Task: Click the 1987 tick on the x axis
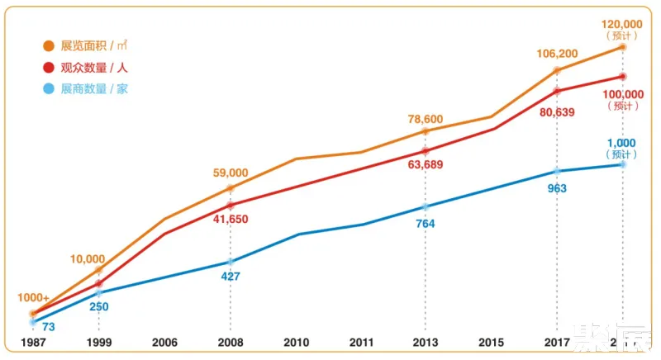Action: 33,342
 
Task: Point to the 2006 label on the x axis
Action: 164,342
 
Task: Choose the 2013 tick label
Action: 426,342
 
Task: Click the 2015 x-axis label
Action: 491,342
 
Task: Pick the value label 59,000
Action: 231,173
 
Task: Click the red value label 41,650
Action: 231,220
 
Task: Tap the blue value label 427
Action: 231,277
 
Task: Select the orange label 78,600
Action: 426,120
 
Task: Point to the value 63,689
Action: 426,165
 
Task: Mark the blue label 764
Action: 426,223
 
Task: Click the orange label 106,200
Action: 557,54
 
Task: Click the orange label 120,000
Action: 622,24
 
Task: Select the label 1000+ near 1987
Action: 34,298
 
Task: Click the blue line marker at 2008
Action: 231,262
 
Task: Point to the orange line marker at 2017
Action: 557,69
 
